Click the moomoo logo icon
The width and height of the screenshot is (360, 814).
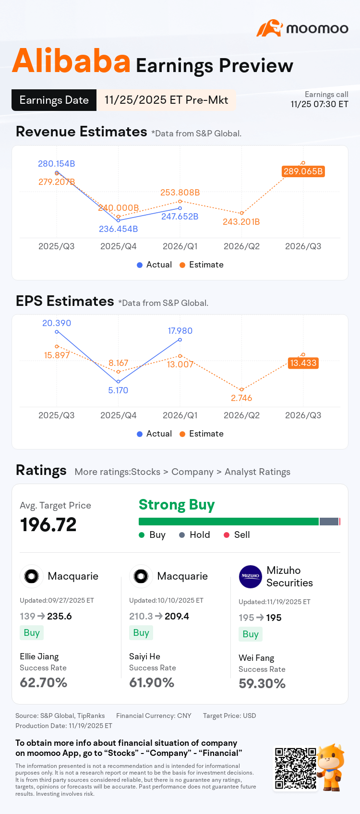270,28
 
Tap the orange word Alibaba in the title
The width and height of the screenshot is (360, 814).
71,61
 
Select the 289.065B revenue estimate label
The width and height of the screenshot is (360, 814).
303,171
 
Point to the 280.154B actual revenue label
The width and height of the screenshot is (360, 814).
57,164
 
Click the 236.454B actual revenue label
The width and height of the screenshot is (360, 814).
119,229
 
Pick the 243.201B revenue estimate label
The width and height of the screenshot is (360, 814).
241,222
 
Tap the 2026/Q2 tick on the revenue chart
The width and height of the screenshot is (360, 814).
241,246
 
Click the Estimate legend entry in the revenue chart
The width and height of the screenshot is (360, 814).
202,265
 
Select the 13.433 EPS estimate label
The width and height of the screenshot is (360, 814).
303,363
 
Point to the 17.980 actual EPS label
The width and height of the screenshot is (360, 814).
180,331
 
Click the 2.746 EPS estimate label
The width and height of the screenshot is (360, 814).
241,398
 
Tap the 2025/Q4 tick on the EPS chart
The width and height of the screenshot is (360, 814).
119,415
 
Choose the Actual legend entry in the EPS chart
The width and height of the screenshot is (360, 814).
155,434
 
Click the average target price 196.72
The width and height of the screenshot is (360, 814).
48,524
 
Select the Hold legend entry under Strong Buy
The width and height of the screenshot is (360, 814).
195,535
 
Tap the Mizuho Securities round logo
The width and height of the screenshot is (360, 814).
250,577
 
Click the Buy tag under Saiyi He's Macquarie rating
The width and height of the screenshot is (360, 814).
141,632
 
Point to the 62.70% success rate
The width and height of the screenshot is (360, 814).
44,682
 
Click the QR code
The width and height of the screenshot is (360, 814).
295,768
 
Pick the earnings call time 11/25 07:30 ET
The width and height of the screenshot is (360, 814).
319,104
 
